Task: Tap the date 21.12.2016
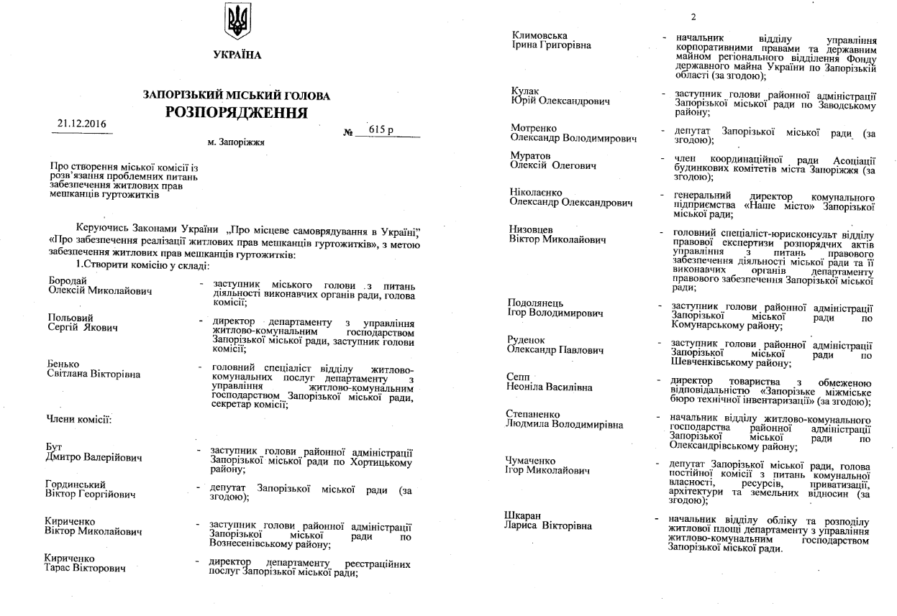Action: pyautogui.click(x=82, y=124)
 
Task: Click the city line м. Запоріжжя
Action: pyautogui.click(x=236, y=142)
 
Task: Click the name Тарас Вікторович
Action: pyautogui.click(x=85, y=569)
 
